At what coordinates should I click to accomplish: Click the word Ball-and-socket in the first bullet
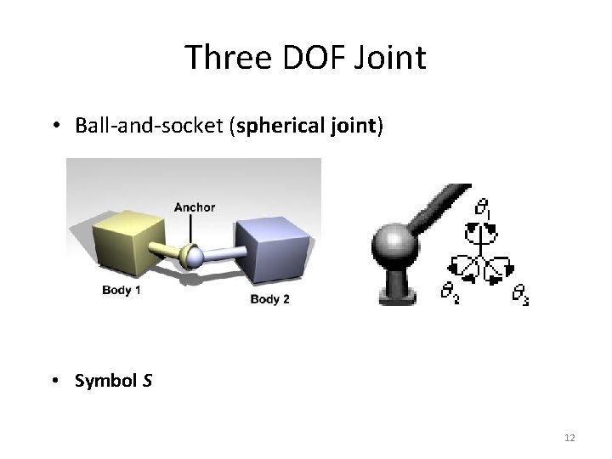point(154,127)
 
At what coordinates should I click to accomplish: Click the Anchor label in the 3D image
point(195,207)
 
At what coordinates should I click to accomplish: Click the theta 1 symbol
point(483,207)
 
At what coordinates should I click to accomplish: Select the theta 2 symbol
point(449,293)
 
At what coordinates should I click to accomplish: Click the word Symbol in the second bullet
point(106,381)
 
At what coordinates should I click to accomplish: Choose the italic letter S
point(148,381)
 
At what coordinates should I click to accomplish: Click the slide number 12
point(569,437)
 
